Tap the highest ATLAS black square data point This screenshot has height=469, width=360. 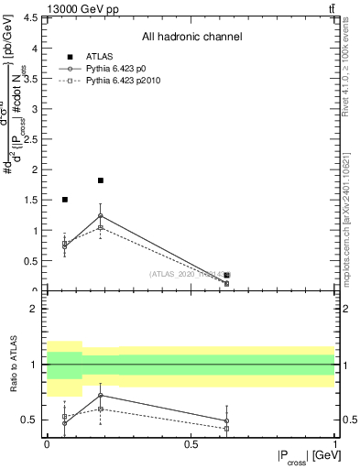pos(101,180)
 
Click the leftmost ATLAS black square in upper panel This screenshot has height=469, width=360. pos(64,199)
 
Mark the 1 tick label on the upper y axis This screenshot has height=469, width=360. pos(38,231)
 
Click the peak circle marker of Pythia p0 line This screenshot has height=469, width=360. pos(101,215)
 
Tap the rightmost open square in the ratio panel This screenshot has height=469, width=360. pos(226,429)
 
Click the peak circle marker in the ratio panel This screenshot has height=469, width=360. pos(101,396)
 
